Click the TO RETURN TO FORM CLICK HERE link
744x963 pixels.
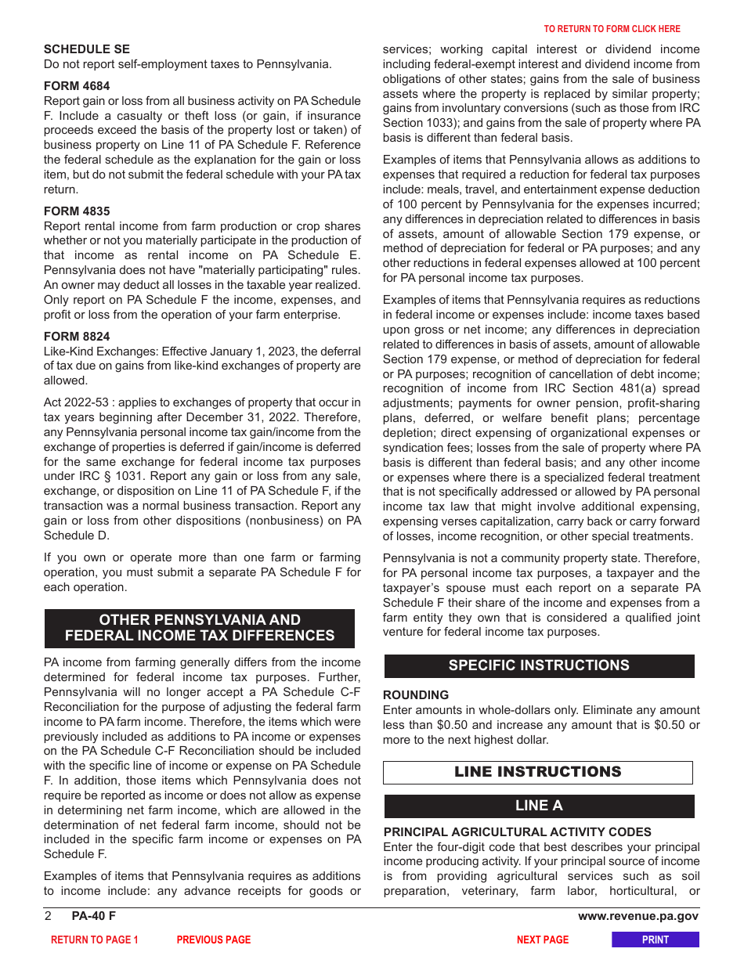[612, 29]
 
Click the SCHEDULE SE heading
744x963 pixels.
[86, 49]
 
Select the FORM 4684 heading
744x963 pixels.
[77, 86]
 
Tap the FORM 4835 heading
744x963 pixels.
[77, 211]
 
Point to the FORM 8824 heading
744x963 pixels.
[77, 337]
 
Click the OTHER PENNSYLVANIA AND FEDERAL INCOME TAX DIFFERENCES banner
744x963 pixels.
[200, 628]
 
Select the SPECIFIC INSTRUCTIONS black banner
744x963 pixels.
[539, 665]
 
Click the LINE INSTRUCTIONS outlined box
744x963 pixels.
[537, 772]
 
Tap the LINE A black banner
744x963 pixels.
[539, 806]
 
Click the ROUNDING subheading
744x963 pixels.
[416, 695]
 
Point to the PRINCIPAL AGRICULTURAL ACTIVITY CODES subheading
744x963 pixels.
[517, 832]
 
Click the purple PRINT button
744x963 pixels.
[655, 940]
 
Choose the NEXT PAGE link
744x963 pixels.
[542, 940]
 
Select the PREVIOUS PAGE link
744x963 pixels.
[214, 940]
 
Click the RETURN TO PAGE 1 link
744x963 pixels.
[95, 940]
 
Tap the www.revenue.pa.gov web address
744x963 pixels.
[637, 917]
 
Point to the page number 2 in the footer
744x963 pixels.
[48, 917]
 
